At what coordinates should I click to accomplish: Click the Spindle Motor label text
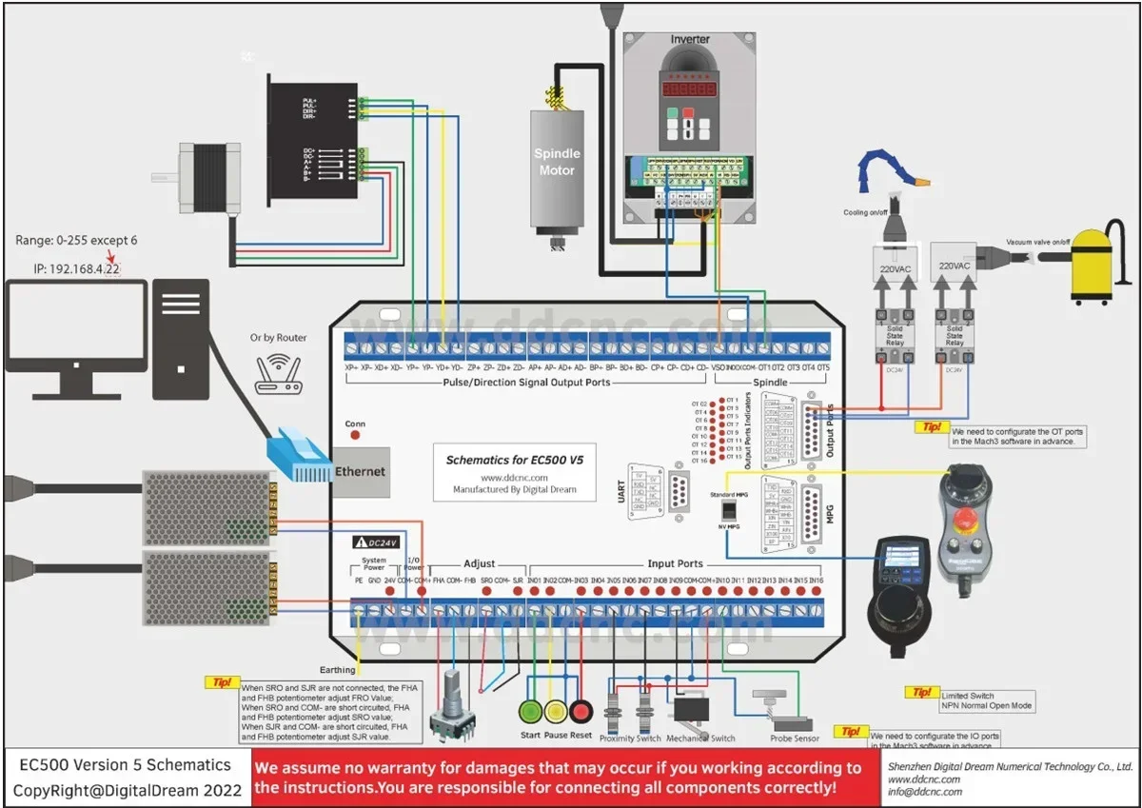pyautogui.click(x=557, y=162)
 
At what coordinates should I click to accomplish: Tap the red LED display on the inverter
pyautogui.click(x=690, y=88)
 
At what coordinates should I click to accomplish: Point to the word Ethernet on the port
pyautogui.click(x=361, y=471)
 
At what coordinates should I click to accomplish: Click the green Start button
pyautogui.click(x=530, y=711)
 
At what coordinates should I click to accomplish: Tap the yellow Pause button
pyautogui.click(x=556, y=711)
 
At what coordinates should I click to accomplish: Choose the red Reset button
pyautogui.click(x=581, y=711)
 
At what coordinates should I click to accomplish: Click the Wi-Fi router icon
pyautogui.click(x=278, y=374)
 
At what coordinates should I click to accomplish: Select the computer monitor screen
pyautogui.click(x=76, y=324)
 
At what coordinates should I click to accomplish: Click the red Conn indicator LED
pyautogui.click(x=355, y=436)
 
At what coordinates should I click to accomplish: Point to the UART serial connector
pyautogui.click(x=678, y=491)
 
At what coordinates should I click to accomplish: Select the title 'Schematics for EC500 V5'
pyautogui.click(x=515, y=460)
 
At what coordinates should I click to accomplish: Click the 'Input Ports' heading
pyautogui.click(x=675, y=564)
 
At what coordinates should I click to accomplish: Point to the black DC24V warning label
pyautogui.click(x=380, y=542)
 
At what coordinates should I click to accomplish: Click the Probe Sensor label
pyautogui.click(x=795, y=739)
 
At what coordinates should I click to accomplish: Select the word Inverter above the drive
pyautogui.click(x=690, y=40)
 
